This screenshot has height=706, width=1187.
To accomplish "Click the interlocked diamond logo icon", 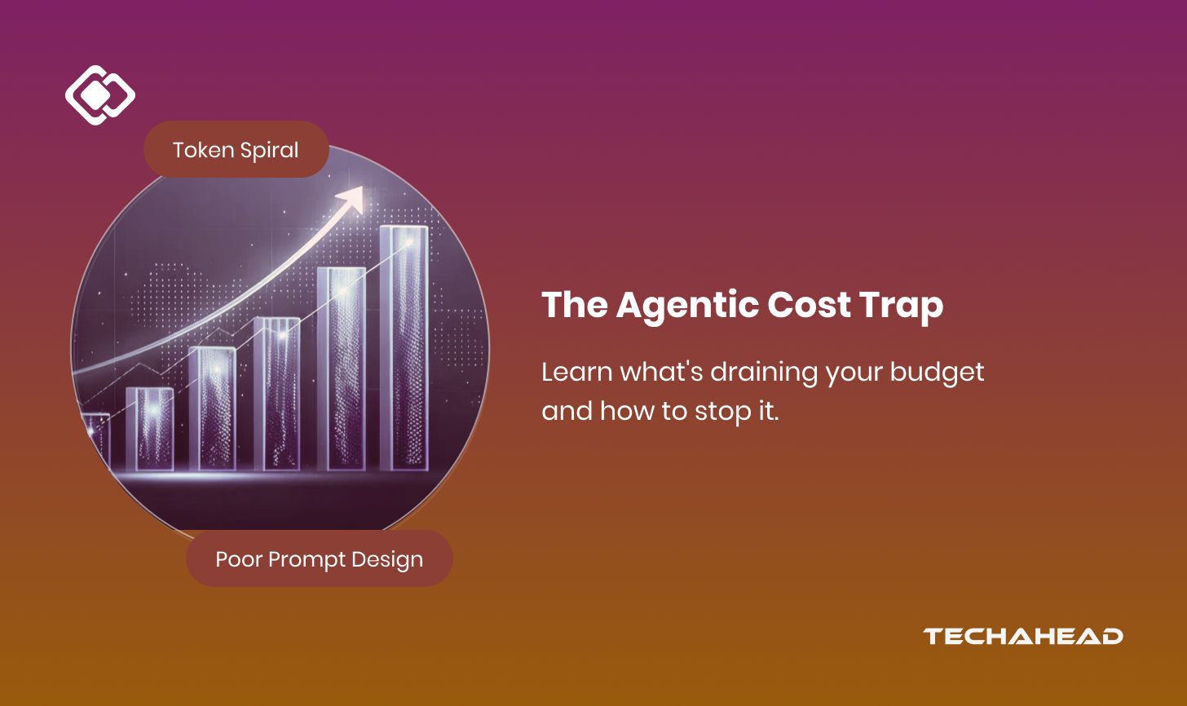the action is point(100,95).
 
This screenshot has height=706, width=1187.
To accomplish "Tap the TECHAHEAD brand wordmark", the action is point(1022,637).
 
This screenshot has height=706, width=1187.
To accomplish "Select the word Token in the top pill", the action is point(203,150).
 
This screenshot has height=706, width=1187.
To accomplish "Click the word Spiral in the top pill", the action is point(269,151).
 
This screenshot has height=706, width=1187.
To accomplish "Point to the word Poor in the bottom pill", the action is point(239,560).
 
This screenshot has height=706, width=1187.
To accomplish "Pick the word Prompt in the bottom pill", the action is point(307,560).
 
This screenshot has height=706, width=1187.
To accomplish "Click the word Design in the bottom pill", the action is point(386,560).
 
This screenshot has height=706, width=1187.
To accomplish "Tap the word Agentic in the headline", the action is point(687,306).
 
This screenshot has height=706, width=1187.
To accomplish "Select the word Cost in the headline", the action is point(809,305).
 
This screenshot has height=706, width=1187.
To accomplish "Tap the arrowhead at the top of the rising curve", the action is point(352,199).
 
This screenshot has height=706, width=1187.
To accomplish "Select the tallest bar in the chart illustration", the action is point(404,348).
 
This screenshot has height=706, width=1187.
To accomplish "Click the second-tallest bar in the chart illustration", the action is point(342,369).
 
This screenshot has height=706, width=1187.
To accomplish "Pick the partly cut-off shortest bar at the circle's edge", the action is point(96,441).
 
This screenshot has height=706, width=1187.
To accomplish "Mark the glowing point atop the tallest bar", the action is point(409,243).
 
